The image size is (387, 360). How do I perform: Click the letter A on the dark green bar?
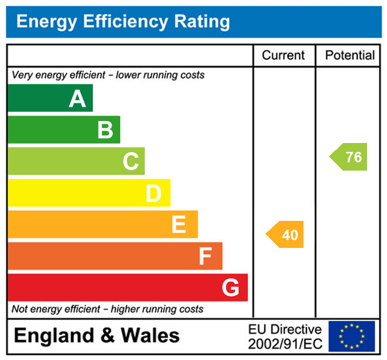(77, 99)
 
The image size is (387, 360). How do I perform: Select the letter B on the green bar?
(105, 130)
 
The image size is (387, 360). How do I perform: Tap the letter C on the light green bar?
(130, 162)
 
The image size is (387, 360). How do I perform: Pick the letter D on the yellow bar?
(154, 194)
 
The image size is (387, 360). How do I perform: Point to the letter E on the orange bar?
(179, 225)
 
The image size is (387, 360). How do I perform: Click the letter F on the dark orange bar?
(205, 256)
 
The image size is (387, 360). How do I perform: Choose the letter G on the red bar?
(231, 288)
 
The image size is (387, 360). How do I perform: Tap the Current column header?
(283, 55)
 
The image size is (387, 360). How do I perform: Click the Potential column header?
(350, 55)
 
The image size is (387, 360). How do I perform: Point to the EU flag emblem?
(352, 336)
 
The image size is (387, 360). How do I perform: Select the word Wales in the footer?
(150, 336)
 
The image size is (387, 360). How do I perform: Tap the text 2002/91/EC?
(285, 344)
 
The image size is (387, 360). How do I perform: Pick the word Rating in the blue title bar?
(202, 22)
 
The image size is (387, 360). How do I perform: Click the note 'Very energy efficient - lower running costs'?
(108, 75)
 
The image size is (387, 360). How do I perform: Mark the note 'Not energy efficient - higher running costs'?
(108, 309)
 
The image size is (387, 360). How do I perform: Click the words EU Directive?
(285, 330)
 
